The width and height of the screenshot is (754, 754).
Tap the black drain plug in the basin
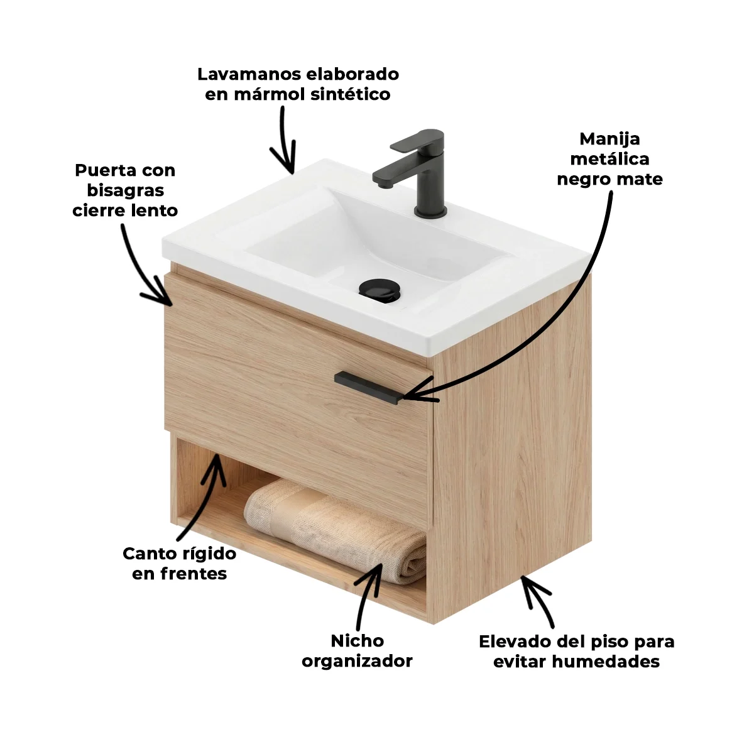pos(378,289)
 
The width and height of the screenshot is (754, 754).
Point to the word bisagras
pos(125,192)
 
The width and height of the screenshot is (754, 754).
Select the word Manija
pos(609,139)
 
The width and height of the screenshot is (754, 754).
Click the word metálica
pos(609,159)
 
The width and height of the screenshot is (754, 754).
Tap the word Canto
pos(150,554)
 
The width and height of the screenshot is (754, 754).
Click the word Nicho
pos(358,641)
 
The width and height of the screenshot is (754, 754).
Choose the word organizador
pos(357,661)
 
